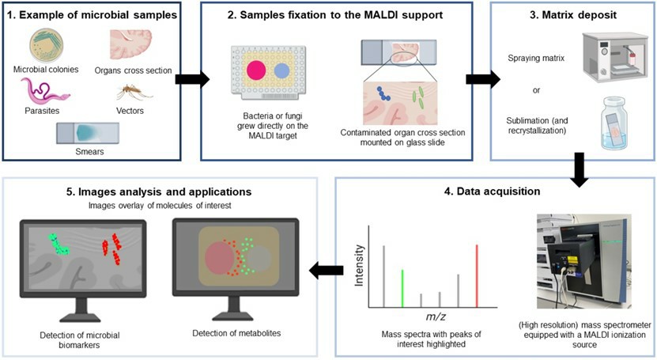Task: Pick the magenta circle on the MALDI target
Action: point(256,70)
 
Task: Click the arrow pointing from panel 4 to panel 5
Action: point(327,271)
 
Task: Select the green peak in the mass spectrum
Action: point(402,288)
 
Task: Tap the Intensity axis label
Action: point(364,264)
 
